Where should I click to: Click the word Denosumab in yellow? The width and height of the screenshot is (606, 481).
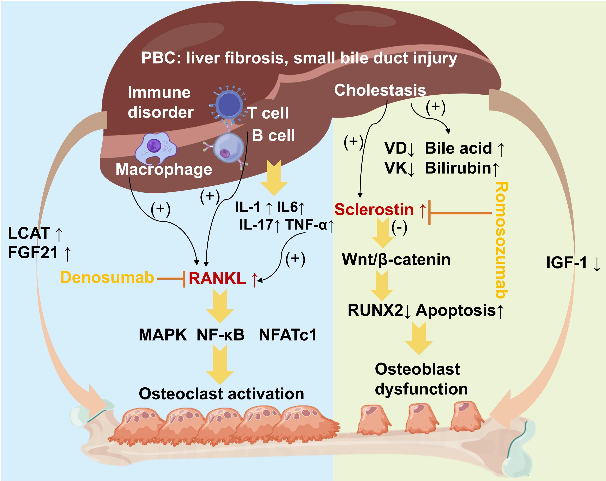tap(107, 278)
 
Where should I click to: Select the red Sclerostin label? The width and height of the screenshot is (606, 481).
tap(374, 210)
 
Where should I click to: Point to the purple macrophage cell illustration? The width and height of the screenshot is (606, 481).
tap(155, 149)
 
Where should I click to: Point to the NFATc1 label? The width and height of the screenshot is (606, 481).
tap(288, 335)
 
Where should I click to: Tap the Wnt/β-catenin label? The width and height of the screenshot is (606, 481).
tap(396, 259)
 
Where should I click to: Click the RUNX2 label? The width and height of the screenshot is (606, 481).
tap(375, 311)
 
